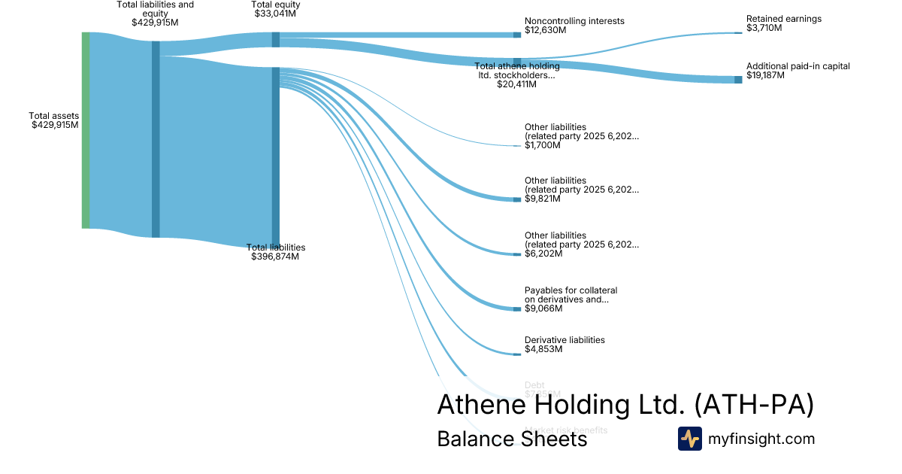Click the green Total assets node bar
click(86, 130)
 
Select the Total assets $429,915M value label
click(55, 125)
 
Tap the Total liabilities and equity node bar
click(156, 139)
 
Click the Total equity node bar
click(276, 40)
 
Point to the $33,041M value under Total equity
click(275, 14)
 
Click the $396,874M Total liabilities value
click(275, 257)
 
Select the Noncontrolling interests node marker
click(517, 35)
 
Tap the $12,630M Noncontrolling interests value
click(545, 30)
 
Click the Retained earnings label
click(783, 19)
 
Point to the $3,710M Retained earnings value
click(764, 28)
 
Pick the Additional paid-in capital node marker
click(738, 79)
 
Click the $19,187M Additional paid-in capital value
click(766, 75)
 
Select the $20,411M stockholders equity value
click(516, 84)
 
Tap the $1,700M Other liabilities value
click(542, 145)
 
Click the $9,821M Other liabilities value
click(542, 199)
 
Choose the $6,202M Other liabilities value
click(542, 254)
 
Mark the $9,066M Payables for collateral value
click(542, 308)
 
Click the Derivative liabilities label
click(564, 340)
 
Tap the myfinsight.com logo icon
click(690, 439)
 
